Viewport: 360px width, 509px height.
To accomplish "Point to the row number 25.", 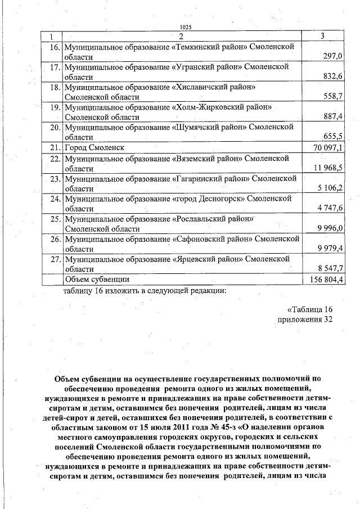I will (55, 219).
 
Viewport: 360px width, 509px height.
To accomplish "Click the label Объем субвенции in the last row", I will (97, 279).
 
